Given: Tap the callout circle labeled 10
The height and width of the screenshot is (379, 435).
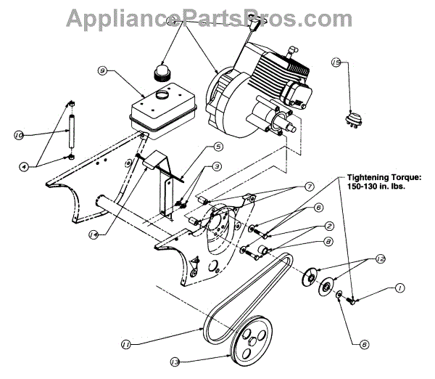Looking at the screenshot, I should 19,134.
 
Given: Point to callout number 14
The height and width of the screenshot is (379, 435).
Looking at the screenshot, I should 94,234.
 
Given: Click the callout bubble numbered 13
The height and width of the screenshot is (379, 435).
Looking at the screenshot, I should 174,359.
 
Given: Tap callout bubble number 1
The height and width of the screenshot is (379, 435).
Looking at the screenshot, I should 399,288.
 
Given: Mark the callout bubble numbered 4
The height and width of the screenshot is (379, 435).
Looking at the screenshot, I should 23,166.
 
